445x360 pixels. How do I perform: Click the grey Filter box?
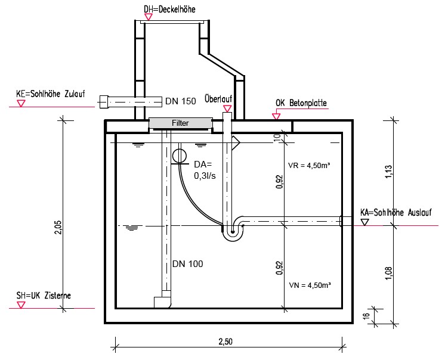coord(181,123)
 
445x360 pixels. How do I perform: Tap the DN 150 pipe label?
coord(181,101)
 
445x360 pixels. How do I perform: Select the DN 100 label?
coord(187,264)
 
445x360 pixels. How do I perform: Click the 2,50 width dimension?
coord(225,342)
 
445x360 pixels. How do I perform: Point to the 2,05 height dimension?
coord(58,227)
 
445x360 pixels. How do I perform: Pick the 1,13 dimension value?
coord(388,172)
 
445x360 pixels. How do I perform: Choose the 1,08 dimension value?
coord(388,273)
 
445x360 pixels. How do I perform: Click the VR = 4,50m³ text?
coord(309,165)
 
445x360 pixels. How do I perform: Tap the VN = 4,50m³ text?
coord(310,285)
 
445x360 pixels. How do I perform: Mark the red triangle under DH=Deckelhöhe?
coord(149,17)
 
